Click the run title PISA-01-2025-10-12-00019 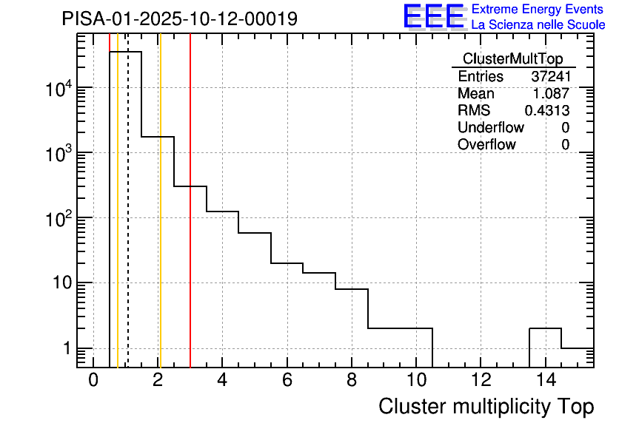point(180,18)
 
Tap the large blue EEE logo point(434,17)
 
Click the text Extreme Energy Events point(538,10)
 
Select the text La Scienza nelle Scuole point(538,25)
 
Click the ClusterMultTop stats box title point(512,59)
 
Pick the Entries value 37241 point(550,77)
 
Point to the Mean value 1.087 point(552,94)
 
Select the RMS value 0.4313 point(547,111)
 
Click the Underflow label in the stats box point(491,128)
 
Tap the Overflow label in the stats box point(486,145)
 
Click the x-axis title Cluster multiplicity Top point(486,407)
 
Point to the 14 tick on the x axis point(545,380)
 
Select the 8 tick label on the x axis point(352,380)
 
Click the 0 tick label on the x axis point(93,380)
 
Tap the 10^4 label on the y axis point(58,89)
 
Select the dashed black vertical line point(128,222)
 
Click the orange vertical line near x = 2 point(160,222)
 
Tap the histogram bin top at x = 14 point(545,328)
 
